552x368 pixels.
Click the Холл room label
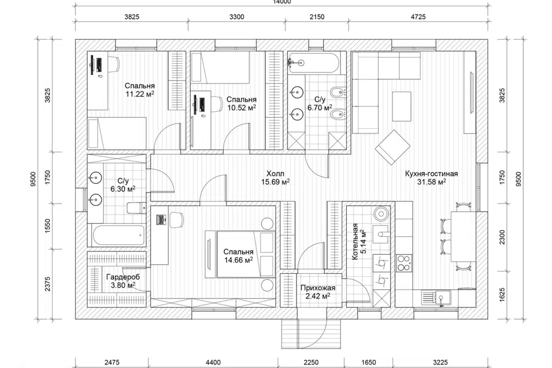pos(275,174)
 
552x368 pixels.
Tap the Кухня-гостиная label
pos(431,174)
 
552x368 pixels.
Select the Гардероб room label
pos(123,277)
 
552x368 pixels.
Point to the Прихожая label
pos(318,288)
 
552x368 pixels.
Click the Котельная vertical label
pos(355,241)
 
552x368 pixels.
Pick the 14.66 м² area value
pos(238,260)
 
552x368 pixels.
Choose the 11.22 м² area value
pos(140,94)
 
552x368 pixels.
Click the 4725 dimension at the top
pos(418,17)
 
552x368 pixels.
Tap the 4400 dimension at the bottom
pos(213,362)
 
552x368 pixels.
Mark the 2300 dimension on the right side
pos(502,237)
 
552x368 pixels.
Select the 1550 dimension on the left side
pos(48,226)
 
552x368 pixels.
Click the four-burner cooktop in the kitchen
pos(404,263)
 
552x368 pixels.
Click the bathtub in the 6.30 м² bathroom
pos(118,235)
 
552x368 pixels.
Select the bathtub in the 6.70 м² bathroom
pos(313,63)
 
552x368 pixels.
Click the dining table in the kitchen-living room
pos(463,236)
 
